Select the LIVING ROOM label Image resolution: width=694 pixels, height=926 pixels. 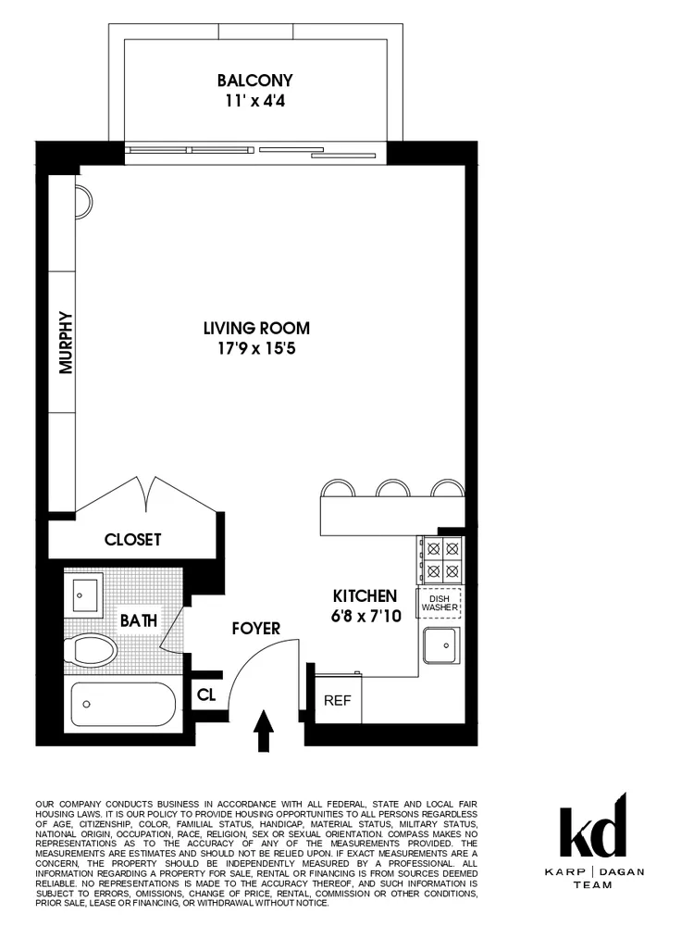point(256,328)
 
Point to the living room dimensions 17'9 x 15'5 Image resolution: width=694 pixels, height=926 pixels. point(256,349)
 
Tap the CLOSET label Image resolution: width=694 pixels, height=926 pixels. point(132,539)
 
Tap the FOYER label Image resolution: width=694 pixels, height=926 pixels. point(255,629)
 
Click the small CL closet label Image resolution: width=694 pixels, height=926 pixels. point(206,694)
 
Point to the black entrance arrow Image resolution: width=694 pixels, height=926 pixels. point(265,732)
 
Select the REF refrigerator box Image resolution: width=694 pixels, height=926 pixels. point(337,700)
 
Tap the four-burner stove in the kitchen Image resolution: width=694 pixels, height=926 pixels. point(440,558)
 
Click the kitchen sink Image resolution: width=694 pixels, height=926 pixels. point(441,645)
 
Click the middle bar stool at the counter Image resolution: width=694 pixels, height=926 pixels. point(393,489)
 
